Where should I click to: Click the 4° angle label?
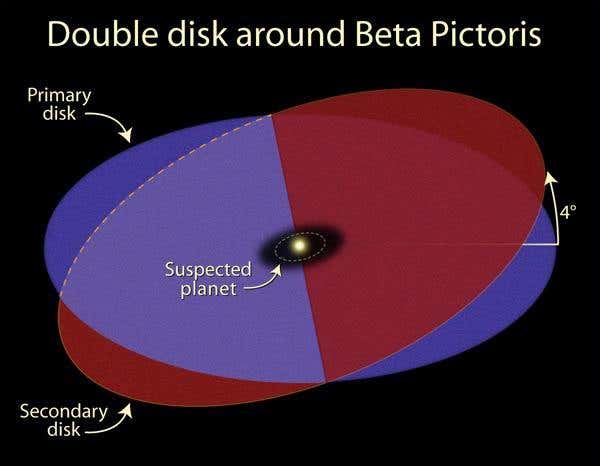pyautogui.click(x=567, y=213)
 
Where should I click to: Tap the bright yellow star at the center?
pyautogui.click(x=298, y=246)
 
